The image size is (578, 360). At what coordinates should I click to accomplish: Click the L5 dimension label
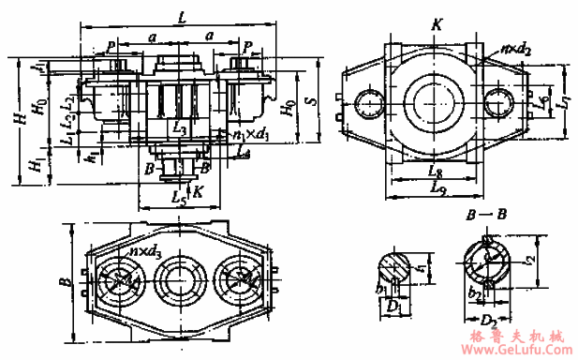[x=179, y=199]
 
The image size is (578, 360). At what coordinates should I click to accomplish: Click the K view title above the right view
[x=437, y=24]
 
